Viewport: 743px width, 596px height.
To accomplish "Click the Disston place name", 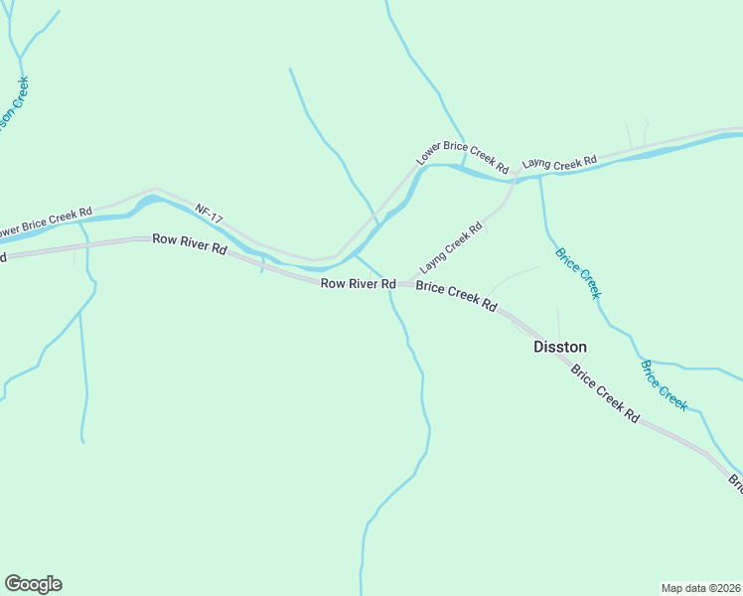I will [x=559, y=347].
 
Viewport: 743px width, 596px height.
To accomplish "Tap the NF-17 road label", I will [x=209, y=214].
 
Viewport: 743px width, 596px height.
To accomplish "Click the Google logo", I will [x=33, y=584].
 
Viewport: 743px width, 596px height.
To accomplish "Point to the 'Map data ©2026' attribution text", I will [x=700, y=587].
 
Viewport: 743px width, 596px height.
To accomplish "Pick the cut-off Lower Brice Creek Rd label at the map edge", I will [x=45, y=222].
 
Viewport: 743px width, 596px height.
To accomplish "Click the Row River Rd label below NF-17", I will [x=189, y=242].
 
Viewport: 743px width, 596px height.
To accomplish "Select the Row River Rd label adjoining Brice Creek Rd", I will [x=358, y=284].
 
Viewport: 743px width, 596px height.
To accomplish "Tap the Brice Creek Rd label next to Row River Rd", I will [x=456, y=296].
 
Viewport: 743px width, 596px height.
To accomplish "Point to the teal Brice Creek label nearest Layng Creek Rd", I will [x=577, y=272].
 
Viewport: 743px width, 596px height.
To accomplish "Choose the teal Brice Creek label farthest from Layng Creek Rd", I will [x=664, y=385].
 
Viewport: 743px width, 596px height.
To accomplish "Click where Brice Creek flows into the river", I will [x=539, y=178].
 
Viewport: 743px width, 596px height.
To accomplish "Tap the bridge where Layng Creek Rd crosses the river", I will [x=515, y=177].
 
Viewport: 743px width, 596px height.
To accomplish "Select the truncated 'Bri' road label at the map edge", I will [x=736, y=483].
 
